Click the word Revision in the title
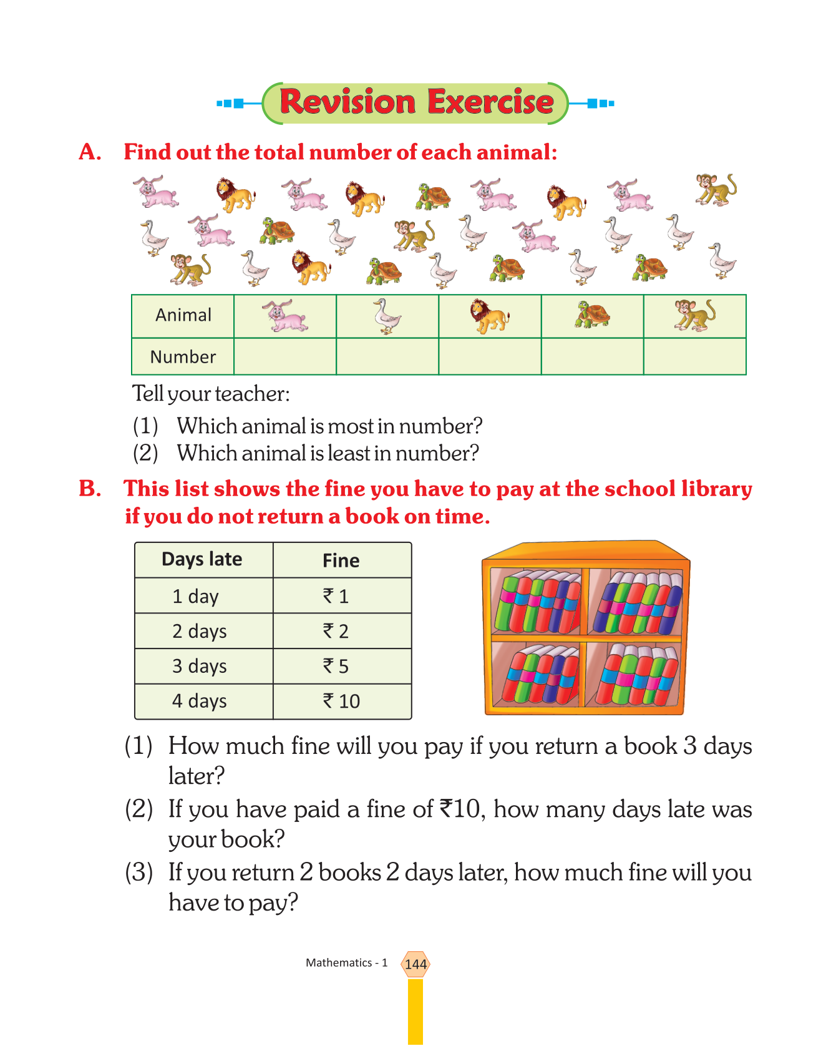coord(347,102)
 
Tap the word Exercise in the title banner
coord(490,102)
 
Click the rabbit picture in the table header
coord(284,316)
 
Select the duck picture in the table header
coord(387,316)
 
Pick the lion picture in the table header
coord(490,316)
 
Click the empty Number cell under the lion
coord(490,356)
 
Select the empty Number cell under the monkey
coord(694,356)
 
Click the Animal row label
coord(183,315)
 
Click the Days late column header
coord(202,559)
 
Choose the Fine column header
coord(341,560)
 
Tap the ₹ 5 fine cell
coord(336,666)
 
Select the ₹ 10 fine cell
coord(341,701)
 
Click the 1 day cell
coord(196,596)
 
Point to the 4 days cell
coord(200,701)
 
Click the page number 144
coord(415,964)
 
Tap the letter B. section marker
coord(90,489)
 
